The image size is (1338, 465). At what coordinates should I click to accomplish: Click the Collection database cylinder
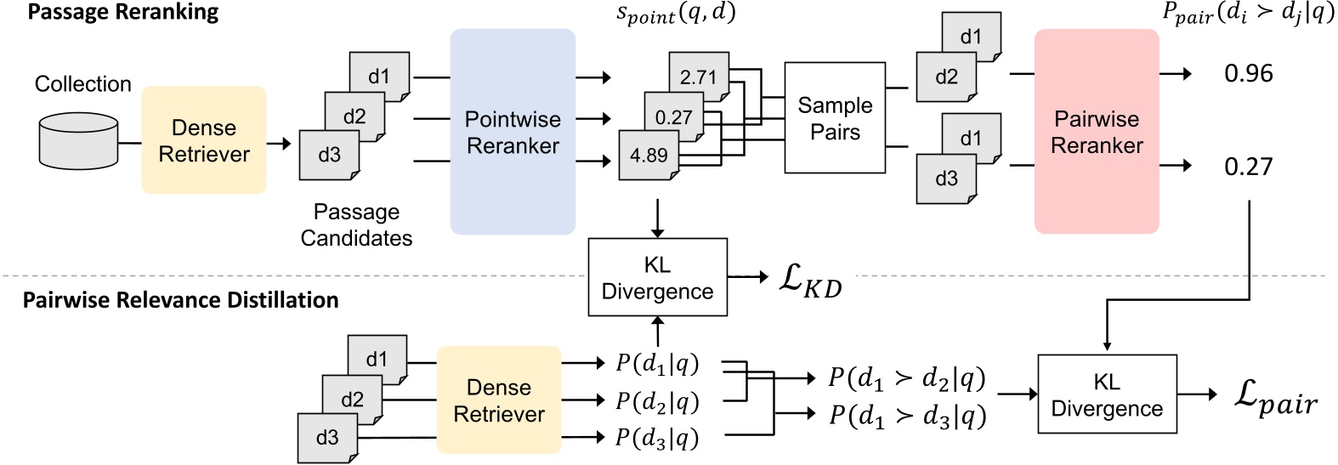(x=78, y=142)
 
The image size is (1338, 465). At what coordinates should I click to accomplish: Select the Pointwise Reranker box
(x=513, y=132)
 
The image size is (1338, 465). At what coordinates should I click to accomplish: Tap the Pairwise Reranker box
(x=1096, y=132)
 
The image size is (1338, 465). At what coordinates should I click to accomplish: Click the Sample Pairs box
(x=834, y=118)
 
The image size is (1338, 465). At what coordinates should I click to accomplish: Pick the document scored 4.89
(x=648, y=156)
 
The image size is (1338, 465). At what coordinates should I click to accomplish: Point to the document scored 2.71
(x=699, y=77)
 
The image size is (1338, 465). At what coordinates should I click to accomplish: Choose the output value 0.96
(x=1248, y=74)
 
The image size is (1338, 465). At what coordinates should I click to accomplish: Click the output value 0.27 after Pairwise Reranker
(x=1248, y=167)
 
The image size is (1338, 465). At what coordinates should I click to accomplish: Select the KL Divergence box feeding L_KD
(x=657, y=278)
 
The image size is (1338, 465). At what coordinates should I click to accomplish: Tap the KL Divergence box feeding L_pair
(x=1106, y=394)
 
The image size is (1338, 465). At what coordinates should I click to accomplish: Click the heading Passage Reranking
(x=123, y=13)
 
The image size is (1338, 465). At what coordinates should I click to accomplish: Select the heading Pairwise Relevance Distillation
(x=180, y=300)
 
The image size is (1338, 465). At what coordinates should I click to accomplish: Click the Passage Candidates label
(x=356, y=225)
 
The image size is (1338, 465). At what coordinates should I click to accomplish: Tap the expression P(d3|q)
(x=657, y=437)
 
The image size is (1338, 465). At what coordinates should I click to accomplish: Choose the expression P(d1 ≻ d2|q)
(x=906, y=378)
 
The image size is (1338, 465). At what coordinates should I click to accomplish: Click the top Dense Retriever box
(x=204, y=140)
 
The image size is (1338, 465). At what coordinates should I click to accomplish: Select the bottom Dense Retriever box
(x=499, y=400)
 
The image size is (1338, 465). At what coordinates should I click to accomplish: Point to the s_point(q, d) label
(x=676, y=14)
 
